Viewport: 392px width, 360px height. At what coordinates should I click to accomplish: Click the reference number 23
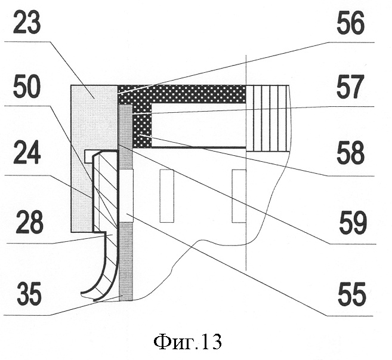tap(29, 24)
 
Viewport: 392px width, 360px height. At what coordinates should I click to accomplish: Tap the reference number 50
tap(29, 90)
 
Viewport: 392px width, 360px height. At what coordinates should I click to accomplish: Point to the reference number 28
tap(29, 224)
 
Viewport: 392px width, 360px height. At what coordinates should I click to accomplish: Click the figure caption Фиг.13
tap(187, 342)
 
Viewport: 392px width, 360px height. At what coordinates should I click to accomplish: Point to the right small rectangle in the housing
tap(239, 193)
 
